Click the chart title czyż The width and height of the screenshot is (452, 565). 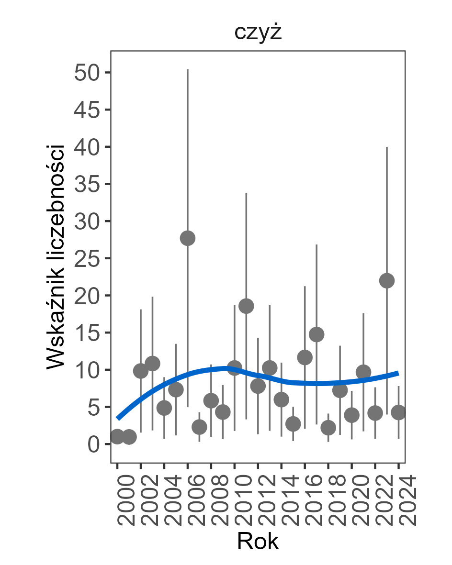(x=258, y=33)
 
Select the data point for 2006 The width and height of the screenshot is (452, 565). (x=188, y=238)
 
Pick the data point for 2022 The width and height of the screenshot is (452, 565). (x=387, y=280)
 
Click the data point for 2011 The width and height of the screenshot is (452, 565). (x=246, y=306)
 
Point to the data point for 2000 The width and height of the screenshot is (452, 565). (x=117, y=436)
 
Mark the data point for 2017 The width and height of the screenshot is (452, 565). (x=316, y=334)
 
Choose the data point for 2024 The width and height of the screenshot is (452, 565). (x=398, y=412)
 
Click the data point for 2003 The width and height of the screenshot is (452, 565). (x=152, y=363)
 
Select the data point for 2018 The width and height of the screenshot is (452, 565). (x=328, y=428)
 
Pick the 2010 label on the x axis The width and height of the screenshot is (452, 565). (x=235, y=500)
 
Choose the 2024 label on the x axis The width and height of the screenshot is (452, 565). (x=399, y=500)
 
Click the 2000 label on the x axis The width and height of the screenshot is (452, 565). (x=118, y=500)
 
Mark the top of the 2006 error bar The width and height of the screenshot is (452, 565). (x=188, y=70)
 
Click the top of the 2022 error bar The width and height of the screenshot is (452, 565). (x=387, y=147)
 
